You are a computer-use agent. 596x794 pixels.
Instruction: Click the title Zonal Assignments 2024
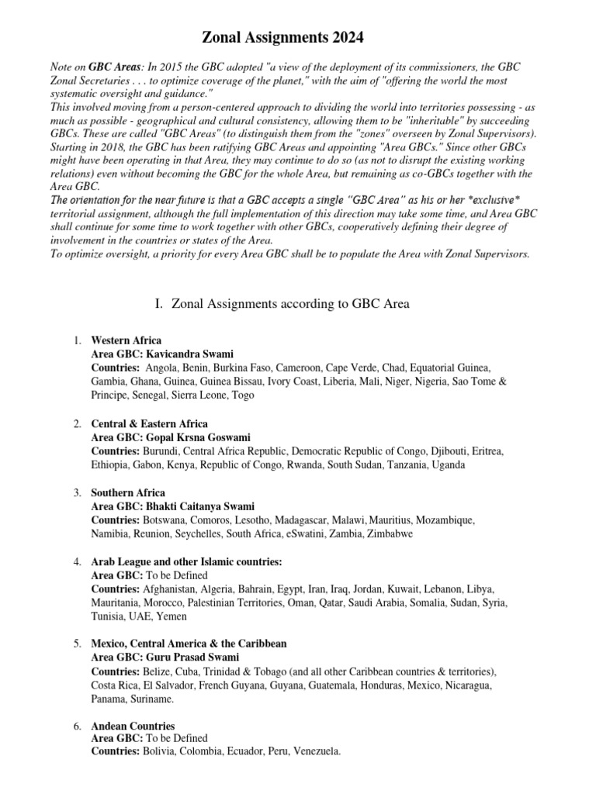(282, 37)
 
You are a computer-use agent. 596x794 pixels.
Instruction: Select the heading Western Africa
(126, 340)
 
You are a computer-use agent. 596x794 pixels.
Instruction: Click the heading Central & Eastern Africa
(149, 424)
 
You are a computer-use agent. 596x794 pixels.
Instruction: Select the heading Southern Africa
(128, 493)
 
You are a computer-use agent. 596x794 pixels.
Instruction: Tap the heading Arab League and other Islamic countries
(186, 561)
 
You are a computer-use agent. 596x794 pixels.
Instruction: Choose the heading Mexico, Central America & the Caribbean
(189, 644)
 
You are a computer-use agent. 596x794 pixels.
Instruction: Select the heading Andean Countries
(133, 727)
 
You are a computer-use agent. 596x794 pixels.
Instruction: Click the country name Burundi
(160, 451)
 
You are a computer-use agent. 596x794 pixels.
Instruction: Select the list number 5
(77, 644)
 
